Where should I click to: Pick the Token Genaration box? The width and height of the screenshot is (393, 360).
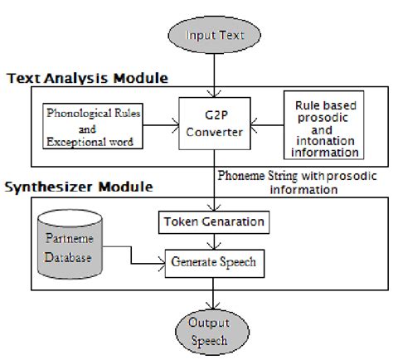click(215, 223)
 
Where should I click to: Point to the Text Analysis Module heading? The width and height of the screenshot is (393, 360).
click(87, 78)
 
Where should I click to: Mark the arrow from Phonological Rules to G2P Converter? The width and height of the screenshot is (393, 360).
click(161, 127)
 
